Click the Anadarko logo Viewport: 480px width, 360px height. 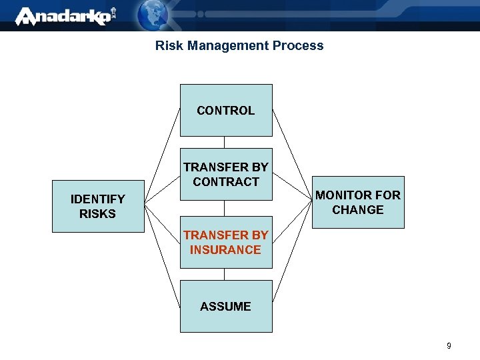click(x=64, y=16)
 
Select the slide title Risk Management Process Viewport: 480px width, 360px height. click(x=239, y=46)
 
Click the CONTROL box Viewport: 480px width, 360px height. click(x=226, y=110)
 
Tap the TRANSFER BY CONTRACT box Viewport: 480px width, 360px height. click(x=226, y=174)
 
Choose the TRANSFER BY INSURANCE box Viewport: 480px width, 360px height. click(x=226, y=242)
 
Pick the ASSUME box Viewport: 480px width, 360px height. click(x=226, y=306)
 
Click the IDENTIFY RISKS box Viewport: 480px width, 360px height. click(x=98, y=206)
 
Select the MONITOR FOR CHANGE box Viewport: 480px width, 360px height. click(x=358, y=203)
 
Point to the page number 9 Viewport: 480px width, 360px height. click(x=449, y=346)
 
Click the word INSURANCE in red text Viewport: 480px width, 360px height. click(x=225, y=250)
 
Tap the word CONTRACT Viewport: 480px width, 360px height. click(x=226, y=182)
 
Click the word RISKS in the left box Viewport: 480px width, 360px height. click(x=97, y=214)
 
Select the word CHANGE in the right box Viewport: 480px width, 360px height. click(x=358, y=210)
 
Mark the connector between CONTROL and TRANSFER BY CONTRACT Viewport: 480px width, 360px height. click(x=225, y=142)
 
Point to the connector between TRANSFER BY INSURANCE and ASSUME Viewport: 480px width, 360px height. click(x=225, y=274)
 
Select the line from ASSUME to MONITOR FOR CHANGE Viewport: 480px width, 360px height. click(x=293, y=263)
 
